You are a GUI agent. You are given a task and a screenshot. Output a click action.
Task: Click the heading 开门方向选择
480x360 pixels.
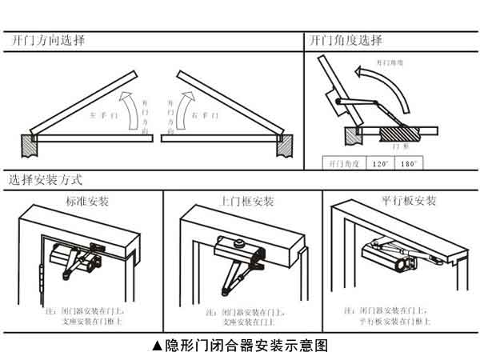(x=48, y=39)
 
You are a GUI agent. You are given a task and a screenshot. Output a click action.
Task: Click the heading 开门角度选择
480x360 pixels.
(x=346, y=40)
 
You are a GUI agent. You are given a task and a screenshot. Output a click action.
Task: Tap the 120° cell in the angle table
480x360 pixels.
(x=380, y=163)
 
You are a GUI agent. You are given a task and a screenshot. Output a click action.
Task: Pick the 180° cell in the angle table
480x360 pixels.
(x=410, y=163)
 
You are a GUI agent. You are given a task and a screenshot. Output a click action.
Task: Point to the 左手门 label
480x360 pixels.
(x=104, y=115)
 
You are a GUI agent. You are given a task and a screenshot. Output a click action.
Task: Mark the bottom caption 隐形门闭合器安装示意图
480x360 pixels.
(x=246, y=346)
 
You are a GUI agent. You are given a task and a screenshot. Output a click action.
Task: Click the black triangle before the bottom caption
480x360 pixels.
(x=157, y=346)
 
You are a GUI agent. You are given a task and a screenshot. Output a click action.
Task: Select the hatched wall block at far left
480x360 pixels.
(x=29, y=145)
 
